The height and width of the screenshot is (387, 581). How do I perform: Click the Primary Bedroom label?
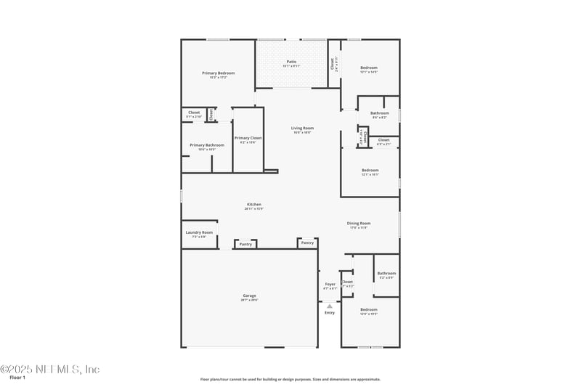pos(218,73)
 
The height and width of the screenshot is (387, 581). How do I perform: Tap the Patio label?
pos(291,62)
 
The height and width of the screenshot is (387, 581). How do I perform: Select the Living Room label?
pos(302,128)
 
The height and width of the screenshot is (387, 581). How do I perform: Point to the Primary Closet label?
pos(248,137)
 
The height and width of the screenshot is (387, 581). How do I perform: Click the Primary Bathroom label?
pos(207,144)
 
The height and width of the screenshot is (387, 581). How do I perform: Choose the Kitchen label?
pos(253,204)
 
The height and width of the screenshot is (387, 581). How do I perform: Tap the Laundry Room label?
pos(198,232)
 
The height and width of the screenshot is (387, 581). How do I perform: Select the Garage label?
pos(250,295)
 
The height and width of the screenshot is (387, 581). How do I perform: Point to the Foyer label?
pos(330,284)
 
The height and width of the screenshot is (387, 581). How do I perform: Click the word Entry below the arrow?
pos(330,312)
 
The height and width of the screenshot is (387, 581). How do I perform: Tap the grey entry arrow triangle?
pos(330,306)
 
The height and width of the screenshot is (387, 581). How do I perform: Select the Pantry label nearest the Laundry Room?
pos(245,244)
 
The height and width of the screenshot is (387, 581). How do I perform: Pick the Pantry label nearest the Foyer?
pos(307,243)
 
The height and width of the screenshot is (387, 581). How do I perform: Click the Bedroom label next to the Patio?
pos(369,68)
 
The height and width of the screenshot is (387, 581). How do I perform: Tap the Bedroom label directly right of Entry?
pos(369,309)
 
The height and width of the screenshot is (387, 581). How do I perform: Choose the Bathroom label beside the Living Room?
pos(379,113)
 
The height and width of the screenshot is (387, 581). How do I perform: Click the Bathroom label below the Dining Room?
pos(386,273)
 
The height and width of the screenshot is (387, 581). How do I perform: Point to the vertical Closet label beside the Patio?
pos(333,64)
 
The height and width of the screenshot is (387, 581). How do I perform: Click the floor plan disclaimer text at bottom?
pos(290,379)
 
